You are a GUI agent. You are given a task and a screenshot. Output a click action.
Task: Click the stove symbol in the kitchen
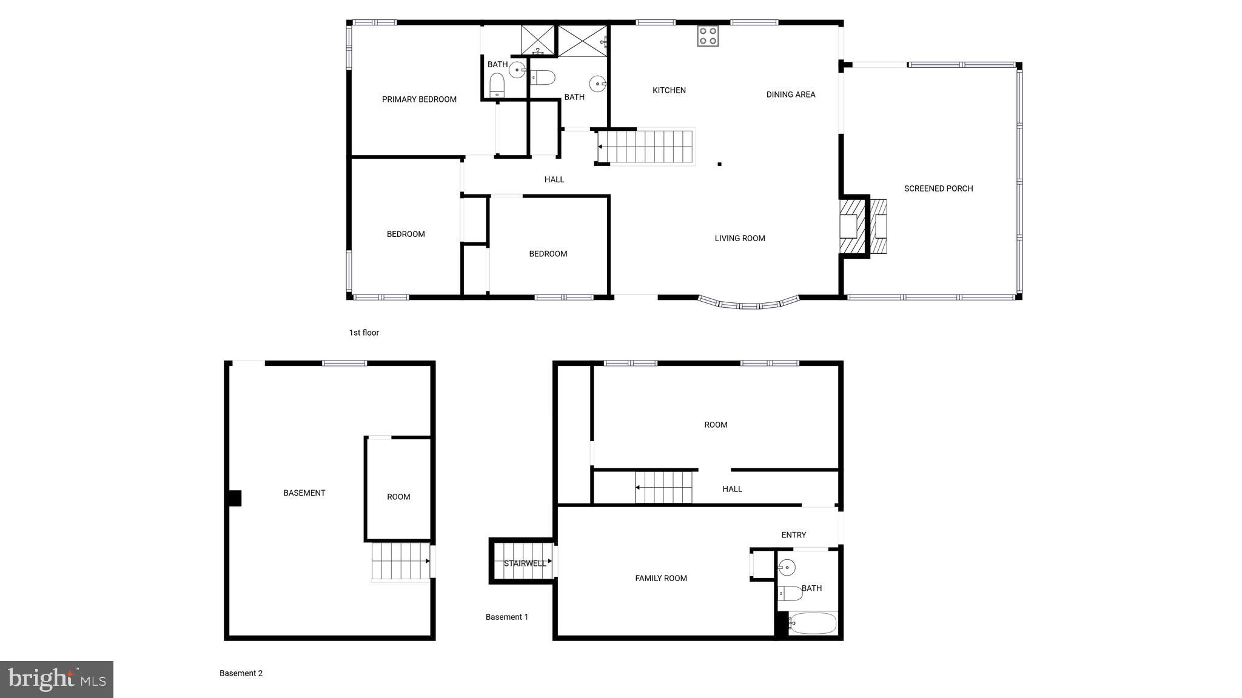pos(708,36)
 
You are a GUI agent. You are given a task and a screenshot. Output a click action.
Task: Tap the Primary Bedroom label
pos(419,99)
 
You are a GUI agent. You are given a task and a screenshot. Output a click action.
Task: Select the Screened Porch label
pos(938,188)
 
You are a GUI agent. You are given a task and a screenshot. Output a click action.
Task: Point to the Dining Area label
pos(790,95)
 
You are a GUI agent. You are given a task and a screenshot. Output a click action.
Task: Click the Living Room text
pos(739,238)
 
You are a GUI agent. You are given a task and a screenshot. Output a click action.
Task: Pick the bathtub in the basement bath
pos(813,623)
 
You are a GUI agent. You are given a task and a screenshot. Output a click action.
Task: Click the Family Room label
pos(660,578)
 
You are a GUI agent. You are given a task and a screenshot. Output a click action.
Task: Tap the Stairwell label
pos(525,563)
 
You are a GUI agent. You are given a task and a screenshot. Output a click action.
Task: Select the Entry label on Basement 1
pos(793,535)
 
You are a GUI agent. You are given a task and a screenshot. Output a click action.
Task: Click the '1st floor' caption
pos(364,333)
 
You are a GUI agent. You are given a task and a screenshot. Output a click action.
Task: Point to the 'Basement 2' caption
pos(241,673)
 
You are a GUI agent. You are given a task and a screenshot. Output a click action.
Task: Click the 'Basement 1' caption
pos(506,617)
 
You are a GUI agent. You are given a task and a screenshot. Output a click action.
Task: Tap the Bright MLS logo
pos(56,679)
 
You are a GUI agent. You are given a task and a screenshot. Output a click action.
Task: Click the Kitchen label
pos(669,90)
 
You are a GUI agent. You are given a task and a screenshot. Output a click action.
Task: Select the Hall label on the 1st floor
pos(554,179)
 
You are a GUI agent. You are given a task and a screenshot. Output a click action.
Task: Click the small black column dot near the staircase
pos(719,164)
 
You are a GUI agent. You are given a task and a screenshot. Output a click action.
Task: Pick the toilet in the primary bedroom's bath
pos(497,85)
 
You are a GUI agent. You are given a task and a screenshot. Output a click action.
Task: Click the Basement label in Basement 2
pos(304,493)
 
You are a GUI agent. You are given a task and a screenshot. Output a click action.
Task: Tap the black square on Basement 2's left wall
pos(235,498)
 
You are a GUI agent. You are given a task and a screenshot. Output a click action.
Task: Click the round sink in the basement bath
pos(787,567)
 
